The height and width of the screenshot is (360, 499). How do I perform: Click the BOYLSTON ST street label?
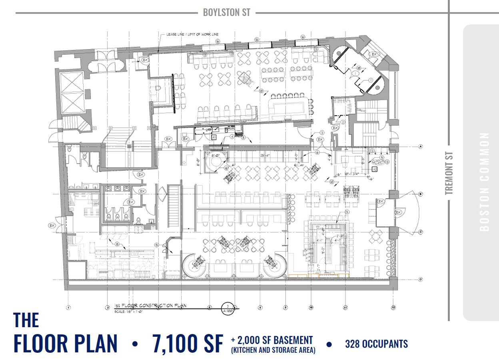tap(226, 12)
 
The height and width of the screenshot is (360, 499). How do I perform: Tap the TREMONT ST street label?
tap(449, 173)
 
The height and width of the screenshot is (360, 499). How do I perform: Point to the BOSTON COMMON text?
tap(484, 182)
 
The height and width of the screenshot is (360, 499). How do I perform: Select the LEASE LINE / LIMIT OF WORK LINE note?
tap(192, 35)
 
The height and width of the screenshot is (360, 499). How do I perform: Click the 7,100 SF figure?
tap(187, 343)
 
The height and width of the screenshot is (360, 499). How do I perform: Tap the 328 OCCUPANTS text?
tap(376, 344)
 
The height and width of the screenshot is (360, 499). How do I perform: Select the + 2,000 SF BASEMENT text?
tap(271, 340)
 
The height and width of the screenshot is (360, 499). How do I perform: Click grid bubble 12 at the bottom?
tap(393, 308)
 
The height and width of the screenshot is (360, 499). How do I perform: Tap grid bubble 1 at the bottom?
tap(68, 308)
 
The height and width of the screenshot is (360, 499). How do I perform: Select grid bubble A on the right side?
tap(421, 146)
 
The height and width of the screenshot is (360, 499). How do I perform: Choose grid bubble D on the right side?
tap(421, 279)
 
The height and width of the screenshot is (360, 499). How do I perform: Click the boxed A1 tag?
tap(214, 137)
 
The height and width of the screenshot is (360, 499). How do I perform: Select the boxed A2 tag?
tap(374, 169)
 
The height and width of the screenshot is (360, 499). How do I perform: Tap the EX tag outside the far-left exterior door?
tap(52, 226)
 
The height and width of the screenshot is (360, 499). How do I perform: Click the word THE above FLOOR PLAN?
tap(26, 320)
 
